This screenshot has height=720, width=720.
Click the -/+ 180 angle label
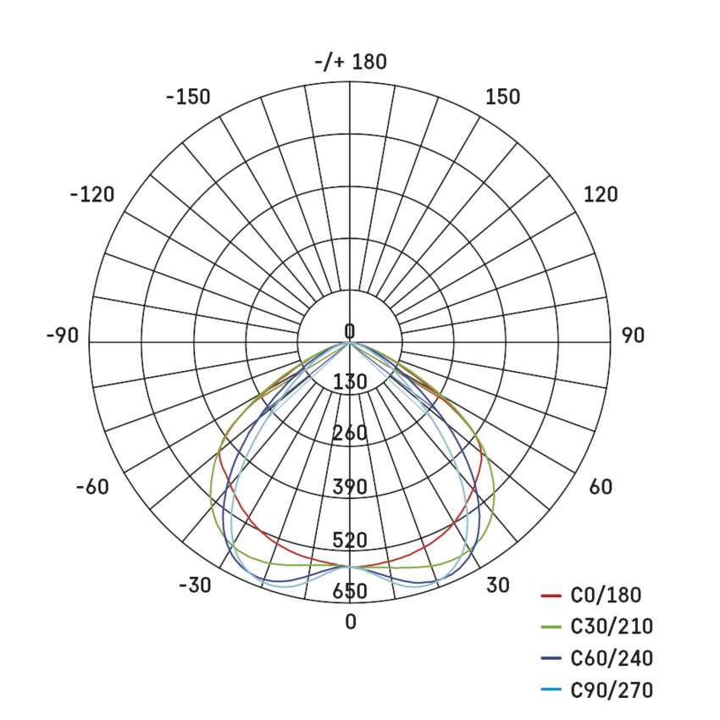(351, 62)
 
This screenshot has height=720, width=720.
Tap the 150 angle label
(503, 97)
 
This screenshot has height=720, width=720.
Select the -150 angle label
(188, 97)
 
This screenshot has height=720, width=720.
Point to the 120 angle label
(601, 195)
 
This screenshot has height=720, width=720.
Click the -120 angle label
(92, 195)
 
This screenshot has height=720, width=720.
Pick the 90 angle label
(634, 335)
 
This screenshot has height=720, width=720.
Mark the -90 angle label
(63, 335)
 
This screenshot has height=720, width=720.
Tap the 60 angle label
(601, 487)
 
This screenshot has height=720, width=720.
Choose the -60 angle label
(93, 487)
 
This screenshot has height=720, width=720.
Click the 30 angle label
(498, 585)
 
